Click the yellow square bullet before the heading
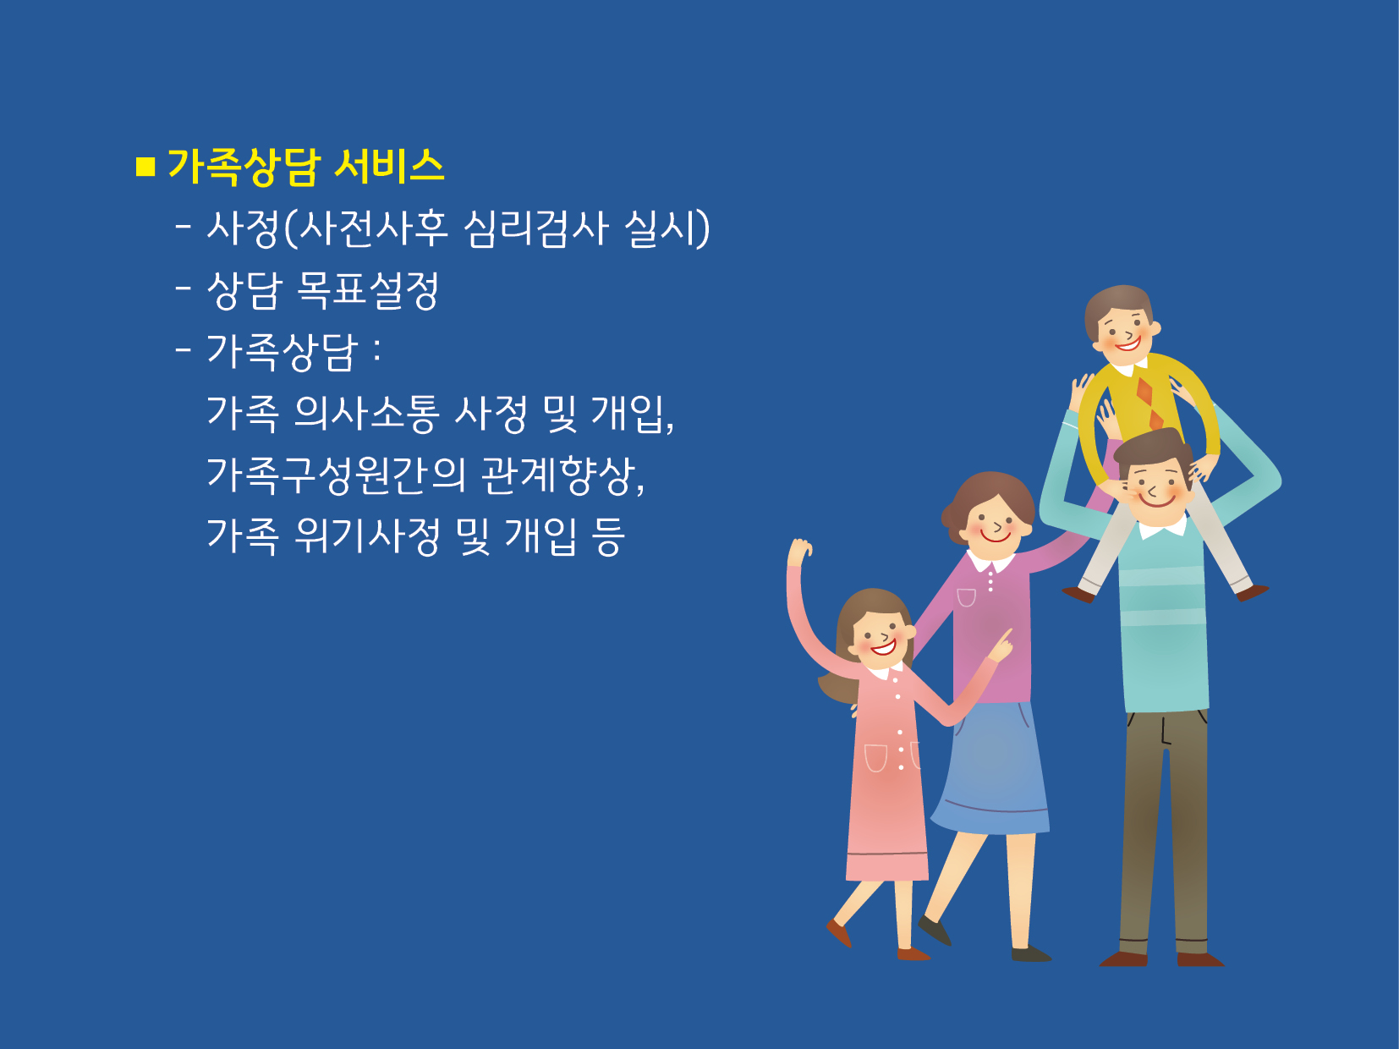(x=145, y=167)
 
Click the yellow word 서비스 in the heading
(x=389, y=167)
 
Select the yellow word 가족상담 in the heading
(x=244, y=167)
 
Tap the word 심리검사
(x=535, y=228)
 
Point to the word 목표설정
(x=368, y=291)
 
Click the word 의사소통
(x=366, y=414)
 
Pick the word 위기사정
(x=366, y=536)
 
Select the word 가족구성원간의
(x=336, y=475)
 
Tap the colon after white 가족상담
(x=376, y=350)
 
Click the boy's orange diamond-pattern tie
(x=1150, y=403)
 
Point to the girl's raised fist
(x=799, y=551)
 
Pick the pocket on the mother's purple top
(x=966, y=598)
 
